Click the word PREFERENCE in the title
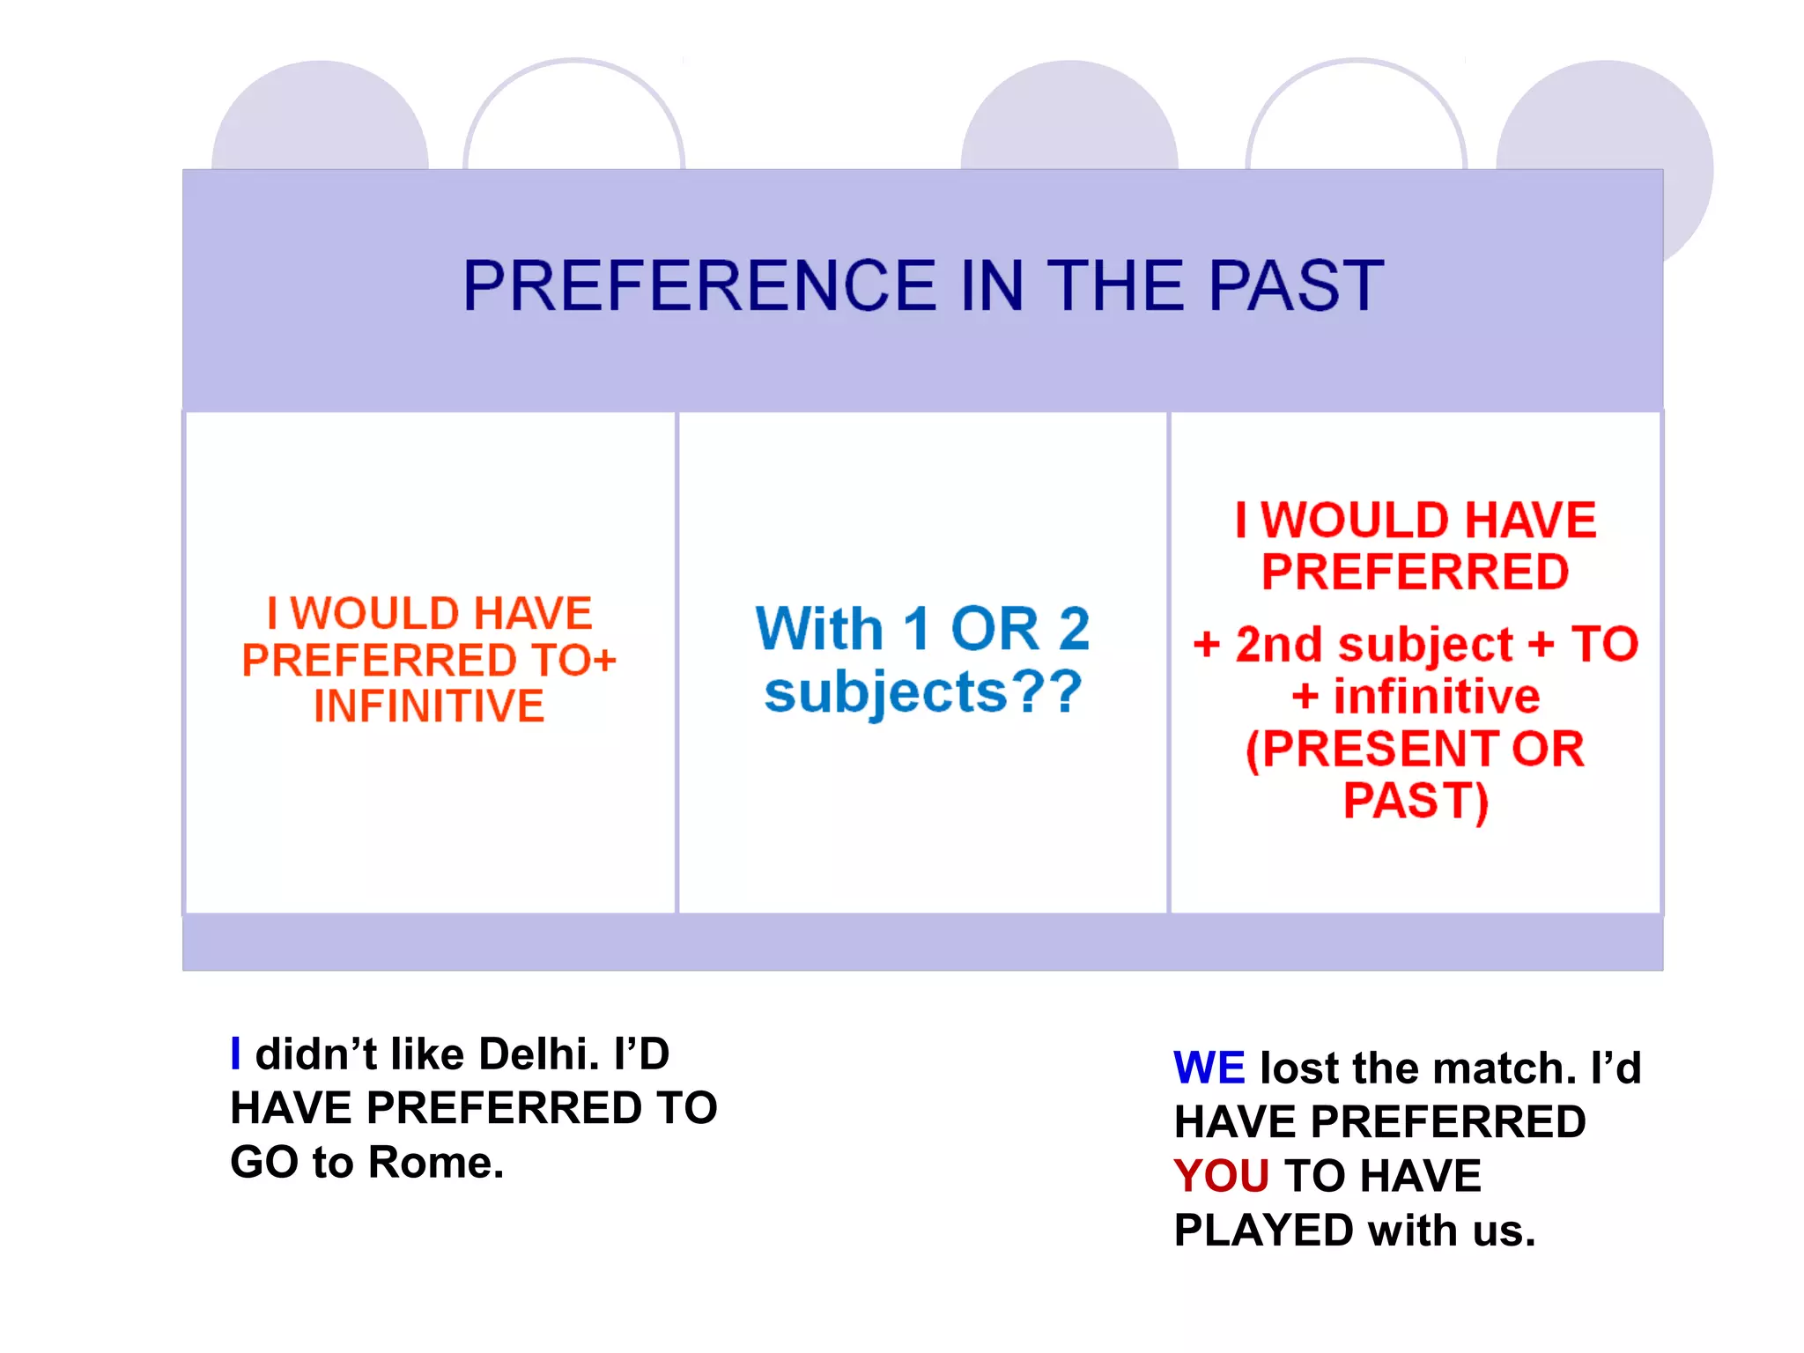click(x=700, y=286)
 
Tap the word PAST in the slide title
click(x=1296, y=286)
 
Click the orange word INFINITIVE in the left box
click(x=429, y=706)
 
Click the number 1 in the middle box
click(x=916, y=629)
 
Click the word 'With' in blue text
click(x=819, y=629)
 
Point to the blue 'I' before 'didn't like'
click(x=235, y=1054)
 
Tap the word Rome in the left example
click(x=435, y=1162)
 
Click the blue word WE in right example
click(x=1209, y=1068)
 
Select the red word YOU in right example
click(x=1221, y=1176)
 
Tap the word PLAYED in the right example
click(x=1263, y=1230)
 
